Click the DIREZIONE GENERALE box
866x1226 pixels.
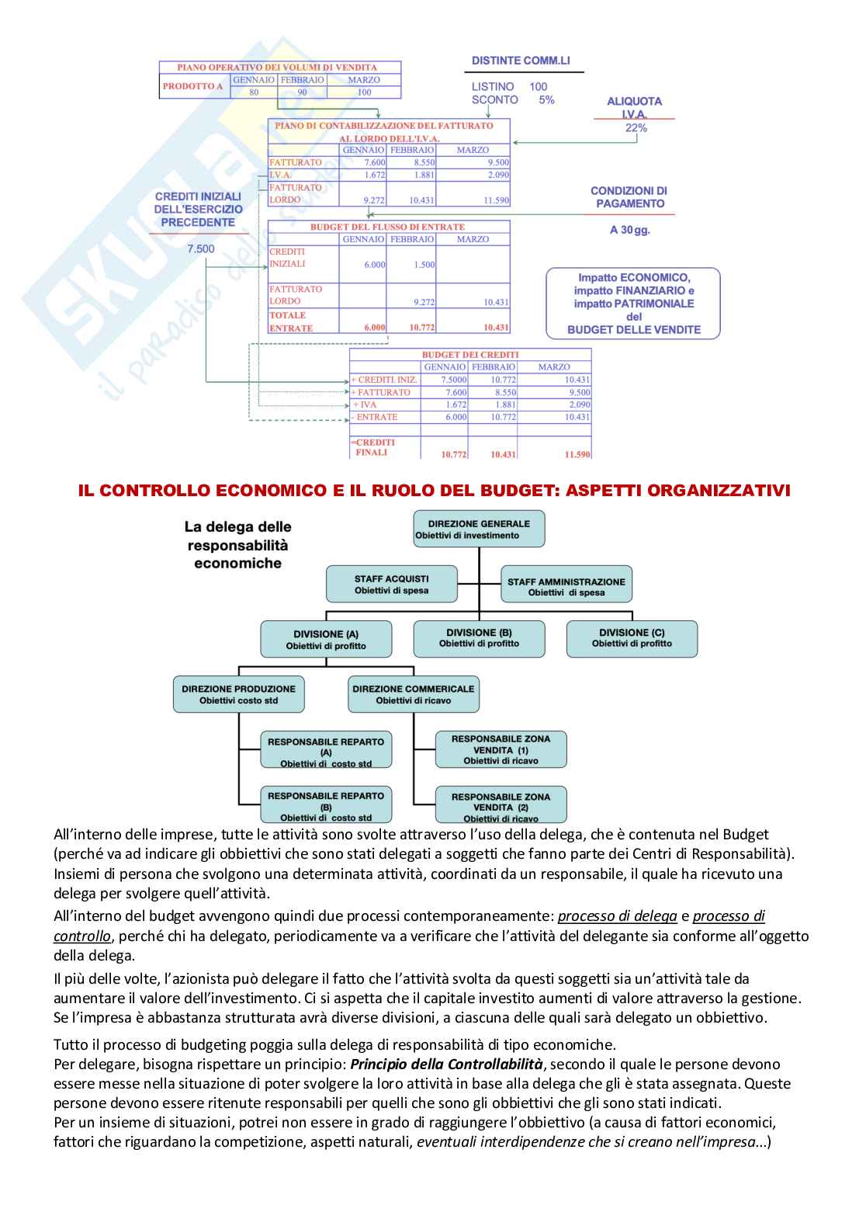point(479,529)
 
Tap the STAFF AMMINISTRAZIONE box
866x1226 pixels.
point(566,586)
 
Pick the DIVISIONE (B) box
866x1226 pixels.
point(479,637)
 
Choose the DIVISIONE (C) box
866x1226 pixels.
point(632,637)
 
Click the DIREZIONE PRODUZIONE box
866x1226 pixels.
point(238,694)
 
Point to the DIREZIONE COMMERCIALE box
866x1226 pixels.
point(413,694)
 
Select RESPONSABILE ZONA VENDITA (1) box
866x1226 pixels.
point(501,749)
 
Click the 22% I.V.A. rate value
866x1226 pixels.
point(636,128)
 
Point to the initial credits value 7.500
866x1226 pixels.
point(201,248)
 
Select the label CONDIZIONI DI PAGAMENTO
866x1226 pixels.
point(629,197)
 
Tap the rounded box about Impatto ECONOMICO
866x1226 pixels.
point(633,303)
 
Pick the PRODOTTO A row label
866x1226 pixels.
point(193,86)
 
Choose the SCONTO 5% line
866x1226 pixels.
point(512,100)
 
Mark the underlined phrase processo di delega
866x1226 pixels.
point(617,916)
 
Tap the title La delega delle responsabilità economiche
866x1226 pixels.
point(237,544)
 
